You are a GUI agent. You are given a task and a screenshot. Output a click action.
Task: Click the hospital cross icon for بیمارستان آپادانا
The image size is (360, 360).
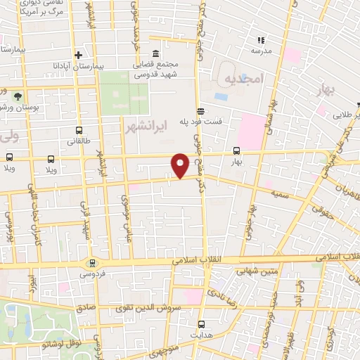tap(79, 56)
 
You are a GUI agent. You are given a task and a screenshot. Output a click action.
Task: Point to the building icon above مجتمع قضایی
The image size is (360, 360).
tap(155, 54)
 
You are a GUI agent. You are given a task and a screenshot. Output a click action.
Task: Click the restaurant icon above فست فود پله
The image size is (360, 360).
tap(201, 110)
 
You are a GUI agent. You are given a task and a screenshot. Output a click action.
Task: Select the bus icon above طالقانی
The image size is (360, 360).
tap(78, 130)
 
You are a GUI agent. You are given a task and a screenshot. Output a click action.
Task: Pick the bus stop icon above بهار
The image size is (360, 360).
tap(236, 150)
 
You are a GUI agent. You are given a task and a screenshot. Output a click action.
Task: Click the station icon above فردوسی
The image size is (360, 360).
tap(91, 262)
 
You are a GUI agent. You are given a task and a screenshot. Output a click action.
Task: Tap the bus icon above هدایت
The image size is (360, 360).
tap(202, 324)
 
